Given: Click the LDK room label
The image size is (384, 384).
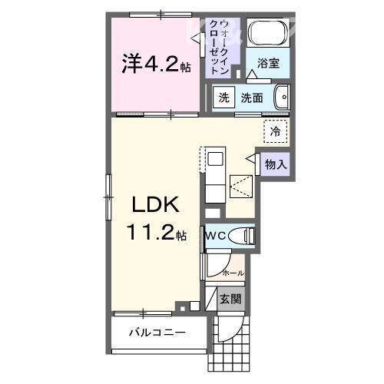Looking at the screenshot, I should click(x=157, y=206).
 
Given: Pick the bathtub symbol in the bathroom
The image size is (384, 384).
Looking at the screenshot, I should click(x=268, y=32).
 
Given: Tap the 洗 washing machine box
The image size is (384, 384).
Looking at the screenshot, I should click(x=223, y=98).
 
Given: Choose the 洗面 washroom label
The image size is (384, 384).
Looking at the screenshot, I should click(x=252, y=98).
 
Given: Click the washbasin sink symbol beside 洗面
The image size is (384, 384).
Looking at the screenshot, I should click(x=282, y=98).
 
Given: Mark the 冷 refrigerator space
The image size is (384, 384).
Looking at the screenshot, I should click(x=274, y=131).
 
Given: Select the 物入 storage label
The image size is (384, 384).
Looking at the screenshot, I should click(x=276, y=163).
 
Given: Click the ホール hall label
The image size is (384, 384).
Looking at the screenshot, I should click(x=233, y=273).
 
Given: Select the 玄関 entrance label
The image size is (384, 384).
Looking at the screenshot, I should click(x=231, y=298).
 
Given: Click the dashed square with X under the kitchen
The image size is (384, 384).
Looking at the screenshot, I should click(x=240, y=184).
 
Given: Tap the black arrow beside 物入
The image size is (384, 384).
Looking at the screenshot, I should click(x=251, y=157).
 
